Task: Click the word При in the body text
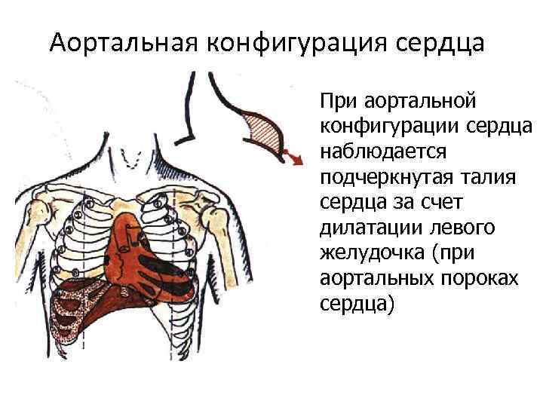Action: point(336,100)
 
